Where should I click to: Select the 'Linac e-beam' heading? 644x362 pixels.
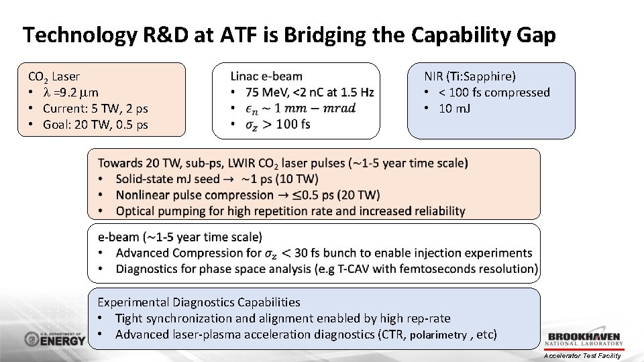point(266,76)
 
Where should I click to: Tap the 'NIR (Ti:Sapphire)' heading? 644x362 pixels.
point(470,76)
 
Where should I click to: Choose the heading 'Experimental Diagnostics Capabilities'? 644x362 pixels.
point(199,302)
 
